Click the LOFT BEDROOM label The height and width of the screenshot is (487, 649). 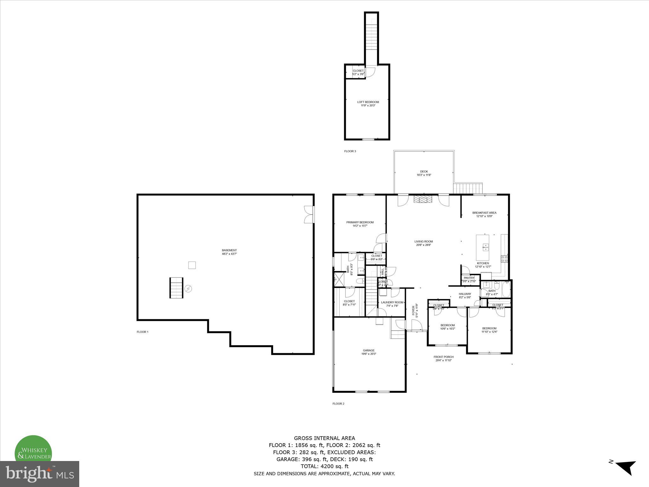(368, 102)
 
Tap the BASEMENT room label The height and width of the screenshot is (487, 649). (229, 250)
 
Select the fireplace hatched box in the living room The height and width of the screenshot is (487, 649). (423, 199)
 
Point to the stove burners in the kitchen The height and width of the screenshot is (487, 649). (504, 259)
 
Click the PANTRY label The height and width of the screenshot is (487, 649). (469, 278)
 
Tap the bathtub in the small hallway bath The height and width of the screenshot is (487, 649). (506, 289)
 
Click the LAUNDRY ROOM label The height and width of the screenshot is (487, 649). (392, 302)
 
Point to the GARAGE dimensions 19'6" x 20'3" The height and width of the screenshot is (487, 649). (369, 354)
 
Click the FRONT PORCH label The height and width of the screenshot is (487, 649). (443, 357)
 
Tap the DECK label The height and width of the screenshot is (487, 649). (424, 172)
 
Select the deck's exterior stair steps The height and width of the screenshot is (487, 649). (468, 188)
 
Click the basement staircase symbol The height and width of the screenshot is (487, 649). (177, 288)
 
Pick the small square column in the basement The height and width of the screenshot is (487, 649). (192, 265)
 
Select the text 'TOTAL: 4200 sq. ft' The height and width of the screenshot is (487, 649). (324, 466)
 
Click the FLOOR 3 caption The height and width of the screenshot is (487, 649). (350, 151)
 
